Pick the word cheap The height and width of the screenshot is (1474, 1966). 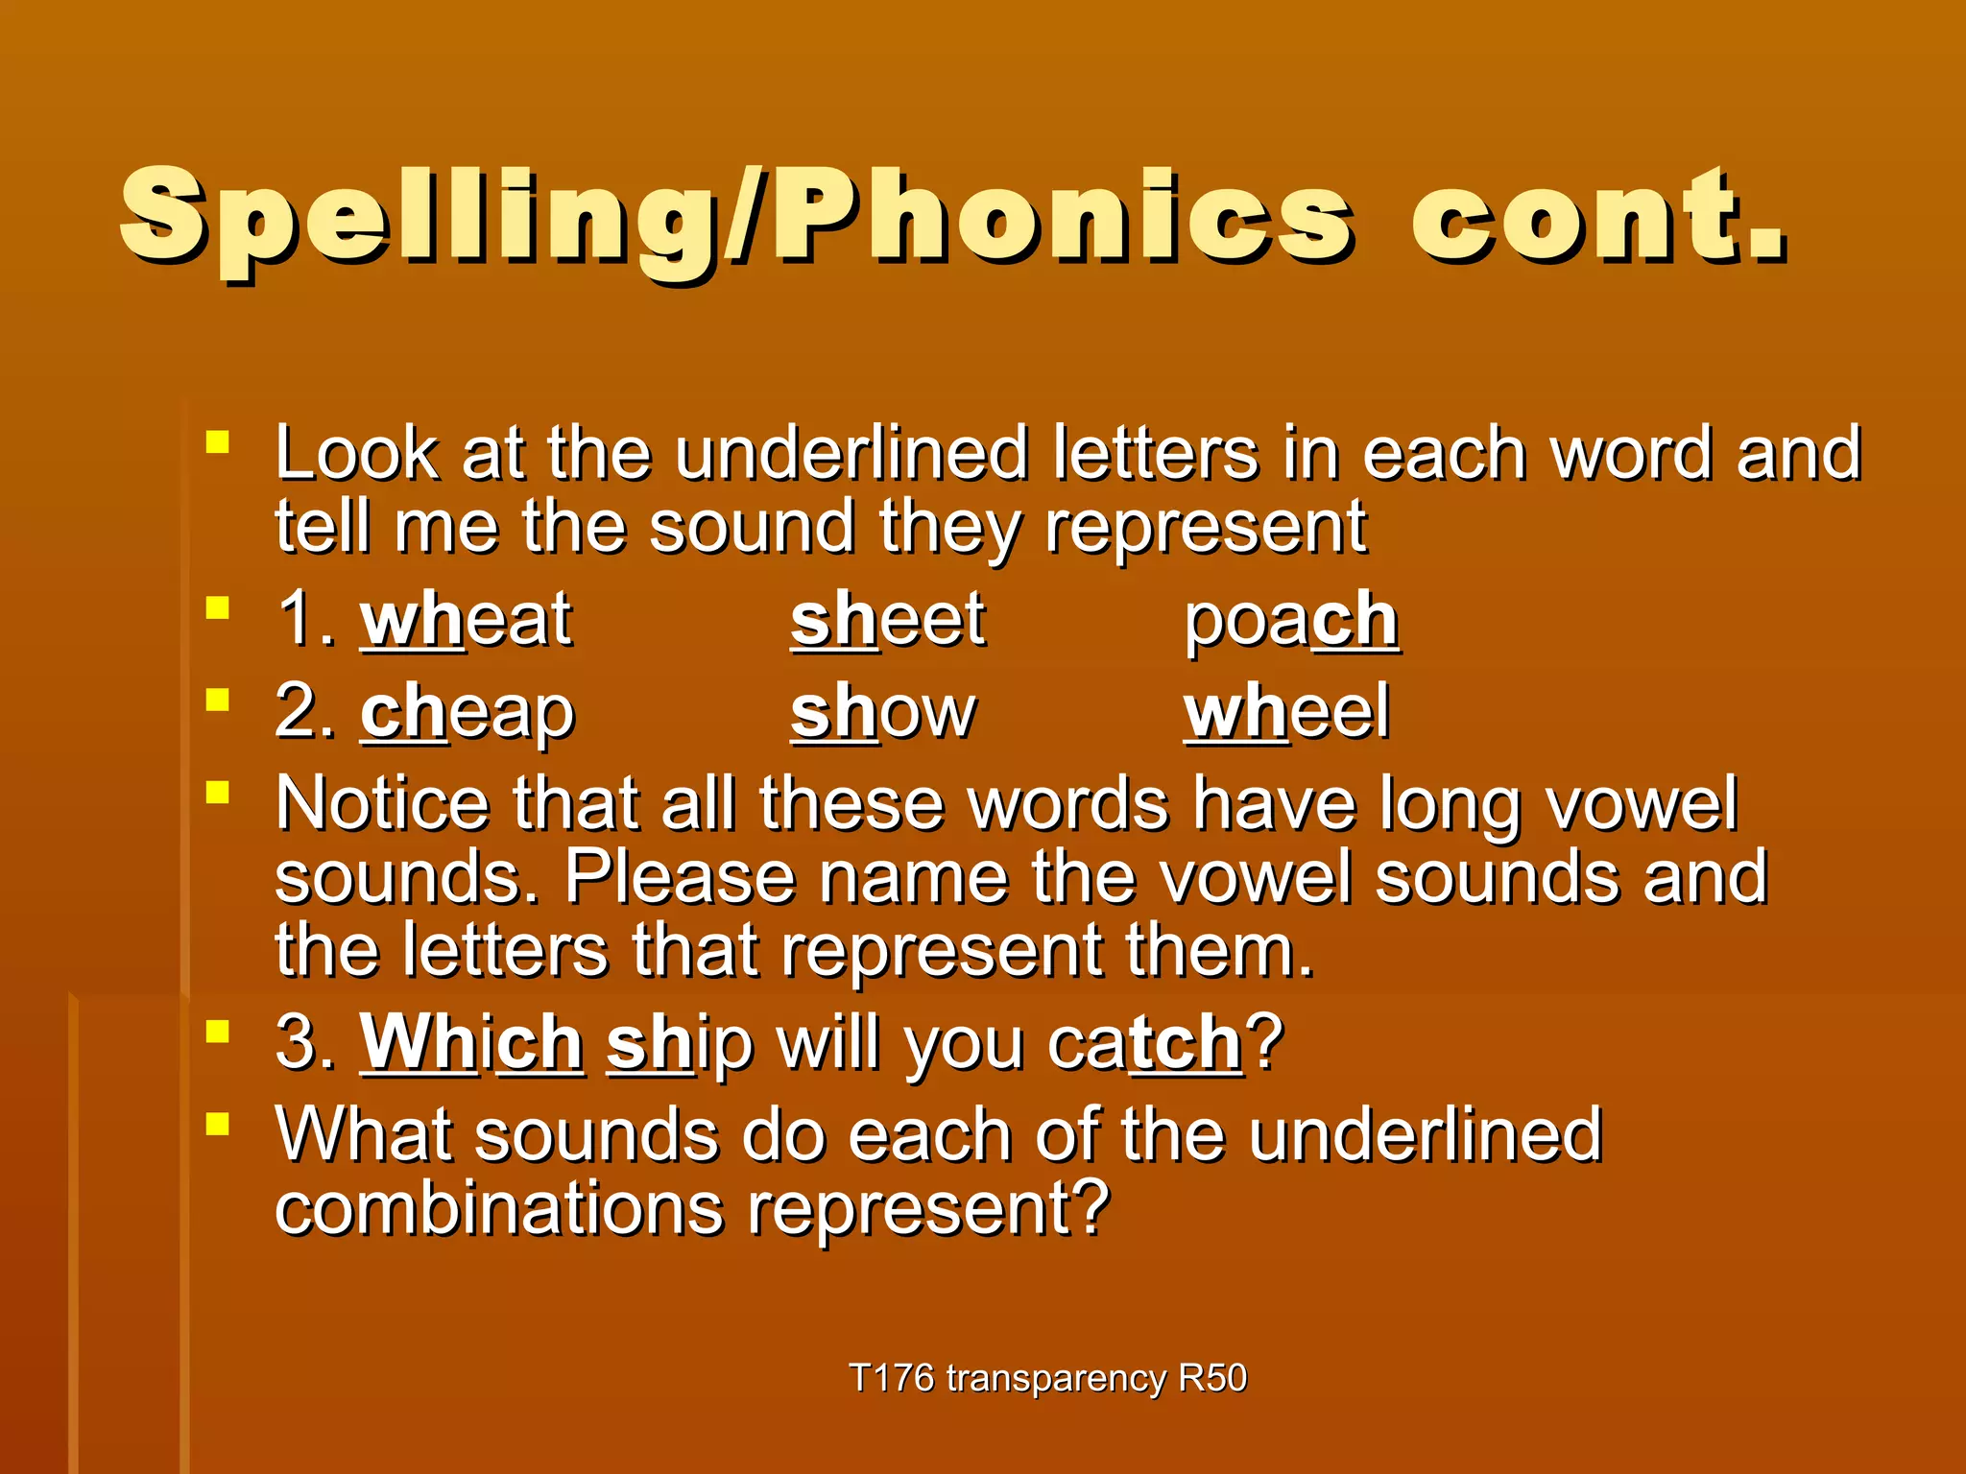[x=468, y=713]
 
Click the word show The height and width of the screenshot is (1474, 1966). [x=883, y=713]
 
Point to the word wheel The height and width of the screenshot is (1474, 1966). [x=1286, y=713]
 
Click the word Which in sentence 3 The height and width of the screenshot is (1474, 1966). [x=471, y=1043]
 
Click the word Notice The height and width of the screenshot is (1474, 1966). [x=381, y=803]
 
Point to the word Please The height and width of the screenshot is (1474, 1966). [x=680, y=877]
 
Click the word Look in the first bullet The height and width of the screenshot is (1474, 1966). [x=356, y=453]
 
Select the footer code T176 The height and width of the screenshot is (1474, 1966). [x=892, y=1378]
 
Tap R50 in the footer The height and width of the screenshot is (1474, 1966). [x=1211, y=1378]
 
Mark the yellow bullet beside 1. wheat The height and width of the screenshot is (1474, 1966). [x=218, y=608]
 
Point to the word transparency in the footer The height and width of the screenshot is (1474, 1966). [x=1056, y=1378]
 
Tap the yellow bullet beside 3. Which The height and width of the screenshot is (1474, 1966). [x=218, y=1032]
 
